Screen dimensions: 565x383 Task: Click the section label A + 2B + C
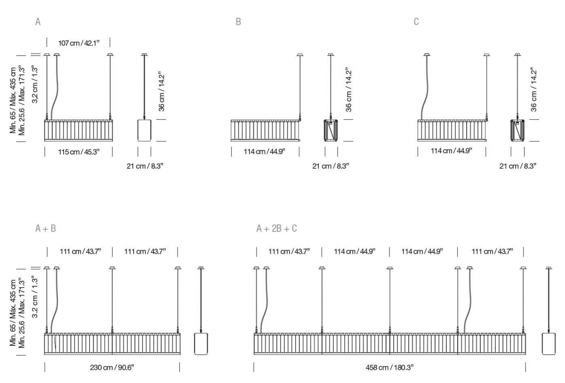pos(277,228)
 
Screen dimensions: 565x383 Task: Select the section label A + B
pos(46,228)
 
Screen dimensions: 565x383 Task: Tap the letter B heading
pos(238,22)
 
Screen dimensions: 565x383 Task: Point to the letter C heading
pos(416,22)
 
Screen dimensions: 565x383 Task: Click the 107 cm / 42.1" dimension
pos(79,43)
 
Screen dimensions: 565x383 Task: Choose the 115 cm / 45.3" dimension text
pos(79,152)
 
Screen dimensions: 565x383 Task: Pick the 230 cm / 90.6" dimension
pos(112,367)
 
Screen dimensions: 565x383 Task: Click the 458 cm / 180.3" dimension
pos(390,367)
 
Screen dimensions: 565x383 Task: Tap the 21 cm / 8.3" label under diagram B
pos(331,166)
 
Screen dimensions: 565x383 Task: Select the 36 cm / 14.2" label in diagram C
pos(534,89)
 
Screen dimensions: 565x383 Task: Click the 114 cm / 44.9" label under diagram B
pos(264,152)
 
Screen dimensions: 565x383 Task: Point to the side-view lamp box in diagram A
pos(145,131)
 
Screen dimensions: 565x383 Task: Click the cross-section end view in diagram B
pos(331,131)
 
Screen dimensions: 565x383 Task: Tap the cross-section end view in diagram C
pos(517,131)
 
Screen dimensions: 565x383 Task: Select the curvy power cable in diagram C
pos(425,88)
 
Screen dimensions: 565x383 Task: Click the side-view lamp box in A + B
pos(201,344)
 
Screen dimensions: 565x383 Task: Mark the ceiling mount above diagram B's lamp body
pos(300,55)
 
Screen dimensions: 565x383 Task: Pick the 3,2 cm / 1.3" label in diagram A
pos(35,85)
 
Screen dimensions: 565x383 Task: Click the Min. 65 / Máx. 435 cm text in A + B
pos(13,312)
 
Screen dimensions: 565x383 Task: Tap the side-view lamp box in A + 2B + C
pos(549,344)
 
